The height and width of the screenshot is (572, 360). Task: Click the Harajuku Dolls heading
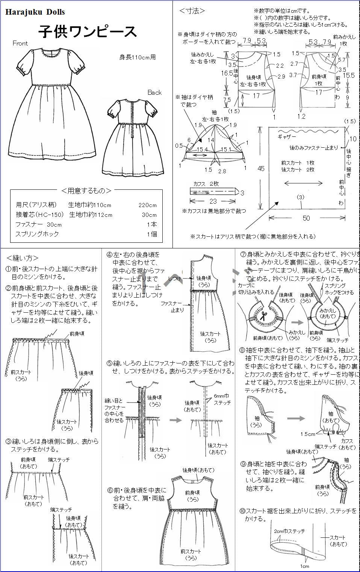(35, 12)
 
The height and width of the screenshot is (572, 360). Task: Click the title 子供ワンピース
(88, 32)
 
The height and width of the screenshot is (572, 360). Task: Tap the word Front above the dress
(20, 43)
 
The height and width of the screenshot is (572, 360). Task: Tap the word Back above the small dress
(154, 92)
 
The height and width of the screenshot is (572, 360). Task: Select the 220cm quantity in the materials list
(147, 205)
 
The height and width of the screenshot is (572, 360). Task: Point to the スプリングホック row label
(37, 234)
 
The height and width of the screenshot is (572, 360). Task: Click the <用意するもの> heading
(86, 191)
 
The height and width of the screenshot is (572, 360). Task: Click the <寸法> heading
(192, 11)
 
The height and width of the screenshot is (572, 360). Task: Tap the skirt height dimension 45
(261, 169)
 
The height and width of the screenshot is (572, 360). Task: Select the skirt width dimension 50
(306, 218)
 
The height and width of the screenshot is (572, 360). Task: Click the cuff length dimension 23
(213, 201)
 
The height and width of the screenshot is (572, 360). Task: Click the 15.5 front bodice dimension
(348, 75)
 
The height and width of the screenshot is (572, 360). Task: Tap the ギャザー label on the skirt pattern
(287, 137)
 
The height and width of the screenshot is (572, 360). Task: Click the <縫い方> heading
(22, 258)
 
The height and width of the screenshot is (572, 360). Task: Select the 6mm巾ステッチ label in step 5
(222, 399)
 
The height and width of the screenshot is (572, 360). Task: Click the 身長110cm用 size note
(137, 57)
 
